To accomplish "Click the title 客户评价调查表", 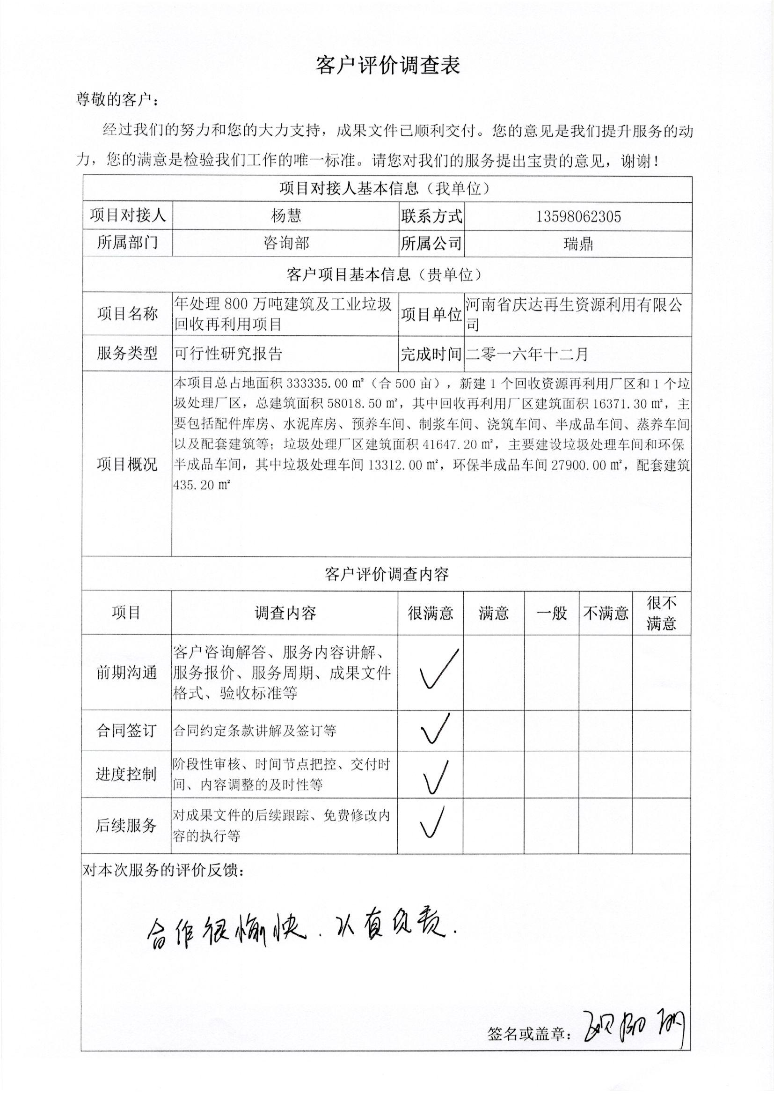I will pyautogui.click(x=388, y=66).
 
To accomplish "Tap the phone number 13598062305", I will pyautogui.click(x=578, y=217).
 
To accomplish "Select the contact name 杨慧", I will pyautogui.click(x=286, y=216).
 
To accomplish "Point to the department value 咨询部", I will pyautogui.click(x=286, y=244).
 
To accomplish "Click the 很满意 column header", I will pyautogui.click(x=431, y=613).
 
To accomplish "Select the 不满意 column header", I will pyautogui.click(x=606, y=613).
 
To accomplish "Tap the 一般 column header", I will pyautogui.click(x=551, y=613).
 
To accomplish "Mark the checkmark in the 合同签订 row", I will pyautogui.click(x=434, y=729).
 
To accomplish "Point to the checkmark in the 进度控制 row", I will pyautogui.click(x=435, y=777).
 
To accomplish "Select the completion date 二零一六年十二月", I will pyautogui.click(x=527, y=354).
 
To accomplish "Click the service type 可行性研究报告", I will pyautogui.click(x=228, y=354).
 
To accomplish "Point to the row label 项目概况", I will pyautogui.click(x=127, y=465).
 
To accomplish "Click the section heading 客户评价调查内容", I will pyautogui.click(x=387, y=574).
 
